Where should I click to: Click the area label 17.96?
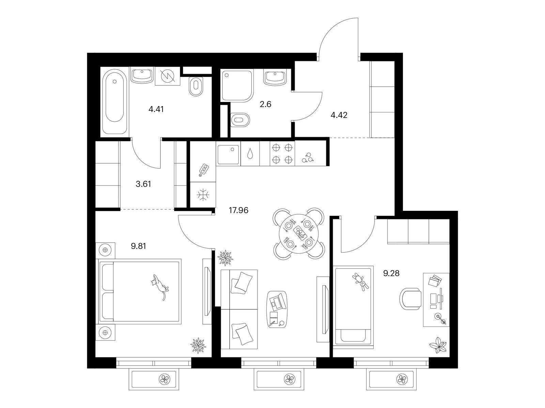click(x=238, y=210)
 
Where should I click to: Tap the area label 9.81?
click(x=138, y=246)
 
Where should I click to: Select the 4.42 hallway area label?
click(x=339, y=115)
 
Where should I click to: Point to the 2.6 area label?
click(x=265, y=104)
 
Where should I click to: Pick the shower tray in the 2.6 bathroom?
click(x=237, y=85)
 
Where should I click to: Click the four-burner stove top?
click(x=282, y=154)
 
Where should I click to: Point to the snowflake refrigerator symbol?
click(x=203, y=195)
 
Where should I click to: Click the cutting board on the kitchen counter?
click(x=204, y=170)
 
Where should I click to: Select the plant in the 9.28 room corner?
click(x=438, y=345)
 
